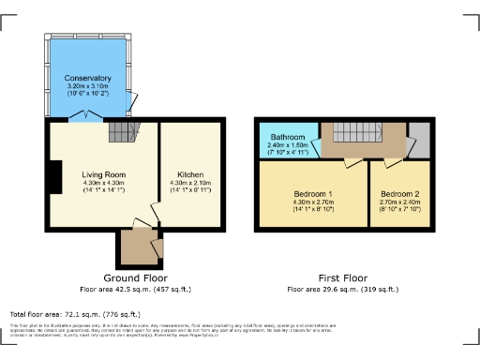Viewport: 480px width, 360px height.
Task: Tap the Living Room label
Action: click(103, 174)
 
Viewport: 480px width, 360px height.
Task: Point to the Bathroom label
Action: click(289, 138)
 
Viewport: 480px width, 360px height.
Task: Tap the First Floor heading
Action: click(343, 279)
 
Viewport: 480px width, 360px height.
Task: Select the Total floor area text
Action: click(74, 314)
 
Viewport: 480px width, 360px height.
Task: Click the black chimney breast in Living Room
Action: click(55, 176)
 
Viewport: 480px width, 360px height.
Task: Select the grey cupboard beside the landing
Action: click(419, 139)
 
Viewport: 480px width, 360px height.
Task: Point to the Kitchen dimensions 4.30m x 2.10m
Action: click(190, 183)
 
